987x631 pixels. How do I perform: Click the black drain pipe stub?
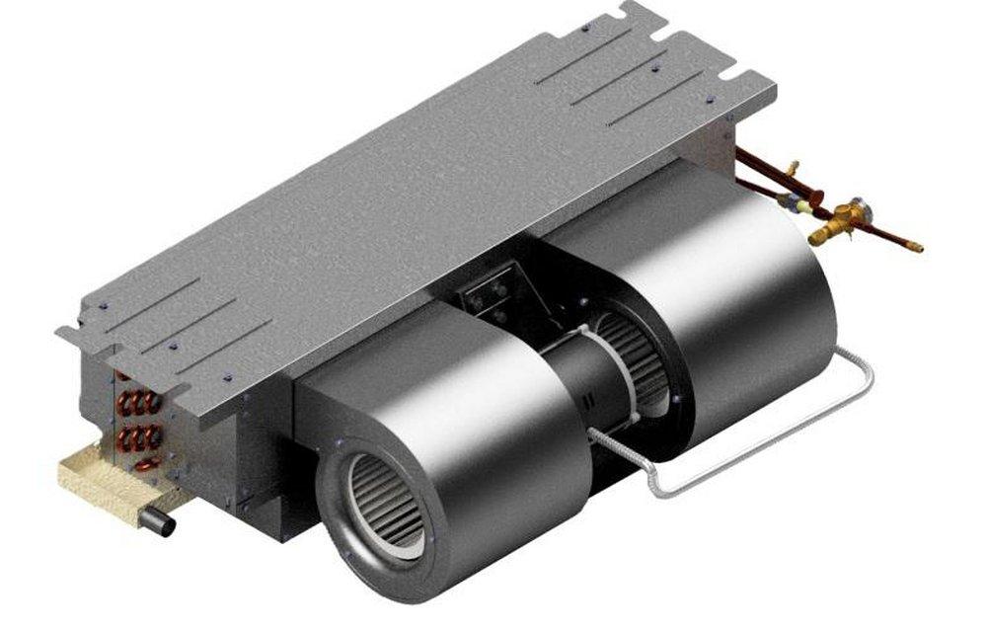click(x=158, y=521)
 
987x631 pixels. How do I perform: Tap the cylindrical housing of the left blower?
click(x=464, y=415)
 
